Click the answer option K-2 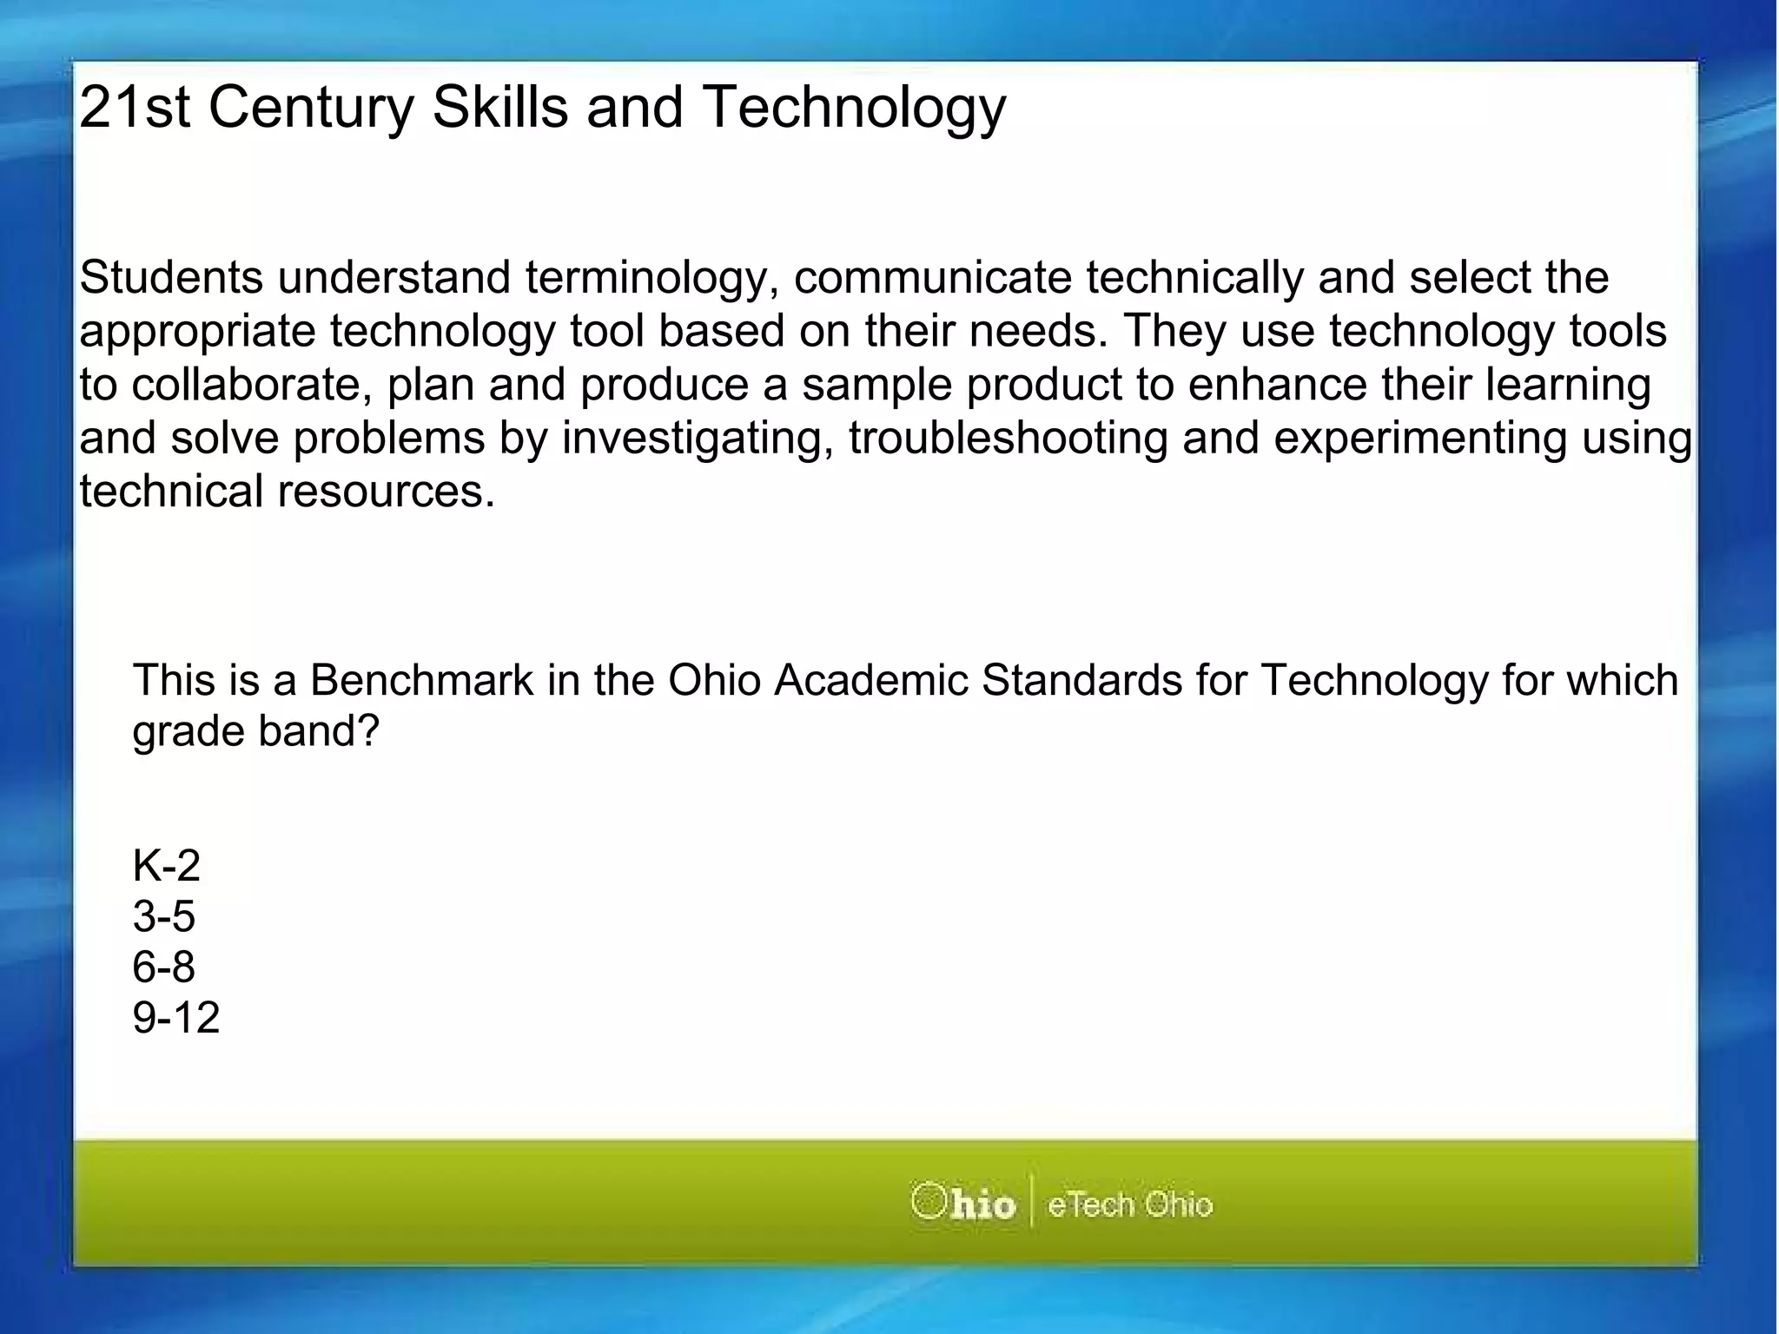click(166, 866)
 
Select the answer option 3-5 click(163, 916)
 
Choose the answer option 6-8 click(163, 967)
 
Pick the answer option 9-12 click(175, 1017)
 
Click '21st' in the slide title click(134, 108)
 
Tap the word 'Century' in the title click(312, 108)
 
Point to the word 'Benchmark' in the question click(421, 680)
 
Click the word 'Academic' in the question click(870, 680)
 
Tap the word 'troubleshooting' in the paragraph click(1008, 438)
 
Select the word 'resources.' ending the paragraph click(386, 492)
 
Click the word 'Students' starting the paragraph click(171, 278)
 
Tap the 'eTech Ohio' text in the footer click(1129, 1205)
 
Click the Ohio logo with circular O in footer click(962, 1204)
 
